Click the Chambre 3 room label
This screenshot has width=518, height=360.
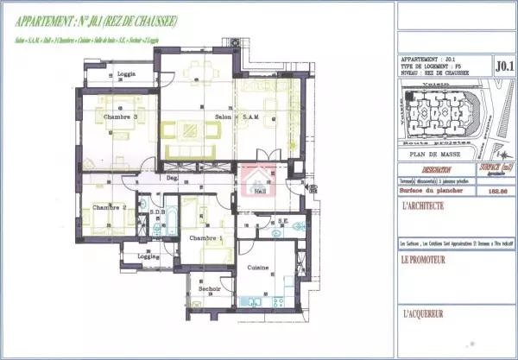coord(121,117)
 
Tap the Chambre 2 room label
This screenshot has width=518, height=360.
coord(110,207)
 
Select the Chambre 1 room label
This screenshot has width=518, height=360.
coord(206,238)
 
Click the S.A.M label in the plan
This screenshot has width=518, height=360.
coord(252,117)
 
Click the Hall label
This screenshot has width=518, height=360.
coord(260,193)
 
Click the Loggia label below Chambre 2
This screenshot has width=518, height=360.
coord(148,256)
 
